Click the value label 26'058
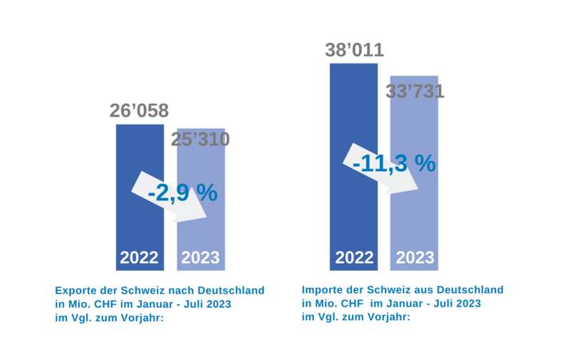(139, 111)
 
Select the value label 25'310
(200, 139)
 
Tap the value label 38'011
(354, 51)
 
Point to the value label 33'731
(415, 92)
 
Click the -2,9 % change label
(182, 192)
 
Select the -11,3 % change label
(394, 163)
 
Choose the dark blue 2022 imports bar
(353, 214)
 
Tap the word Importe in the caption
(323, 290)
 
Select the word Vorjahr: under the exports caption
(140, 318)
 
